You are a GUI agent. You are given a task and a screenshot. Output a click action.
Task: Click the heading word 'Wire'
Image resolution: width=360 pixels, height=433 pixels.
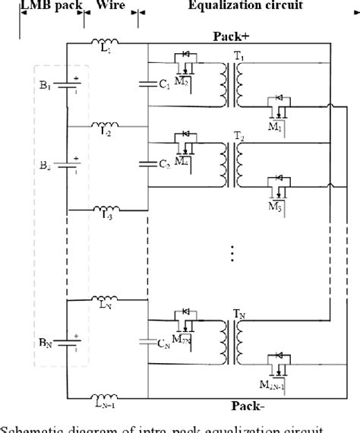pyautogui.click(x=110, y=5)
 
